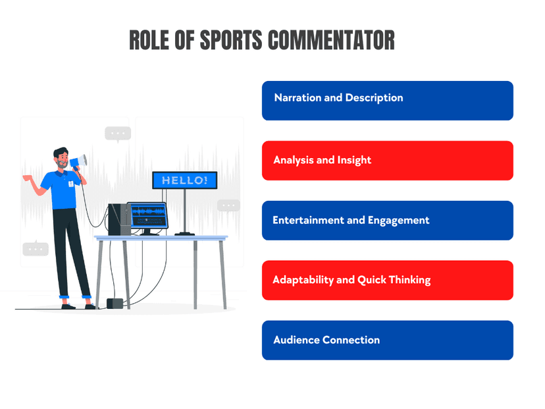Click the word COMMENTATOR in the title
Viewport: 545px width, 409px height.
pyautogui.click(x=331, y=40)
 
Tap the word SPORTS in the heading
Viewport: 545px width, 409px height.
pyautogui.click(x=231, y=40)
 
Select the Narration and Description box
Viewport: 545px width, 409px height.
pyautogui.click(x=388, y=101)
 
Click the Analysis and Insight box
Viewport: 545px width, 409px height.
pyautogui.click(x=388, y=161)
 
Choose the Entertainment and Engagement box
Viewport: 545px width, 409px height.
pyautogui.click(x=388, y=221)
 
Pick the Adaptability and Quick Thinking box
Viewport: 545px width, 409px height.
pyautogui.click(x=388, y=281)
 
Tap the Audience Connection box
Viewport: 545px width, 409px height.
pyautogui.click(x=388, y=340)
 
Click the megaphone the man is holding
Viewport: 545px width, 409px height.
pyautogui.click(x=78, y=162)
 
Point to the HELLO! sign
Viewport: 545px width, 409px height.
pyautogui.click(x=184, y=180)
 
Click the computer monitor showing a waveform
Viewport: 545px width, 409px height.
pyautogui.click(x=147, y=215)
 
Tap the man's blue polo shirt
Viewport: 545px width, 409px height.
pyautogui.click(x=63, y=190)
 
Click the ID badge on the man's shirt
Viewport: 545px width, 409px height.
pyautogui.click(x=71, y=184)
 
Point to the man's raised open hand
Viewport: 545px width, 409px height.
pyautogui.click(x=28, y=178)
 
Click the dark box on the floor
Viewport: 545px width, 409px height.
pyautogui.click(x=115, y=304)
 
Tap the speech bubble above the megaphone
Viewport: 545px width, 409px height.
pyautogui.click(x=118, y=134)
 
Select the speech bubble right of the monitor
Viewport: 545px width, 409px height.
pyautogui.click(x=228, y=205)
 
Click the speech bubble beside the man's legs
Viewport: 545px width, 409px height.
pyautogui.click(x=36, y=249)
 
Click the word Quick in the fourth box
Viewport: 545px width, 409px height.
pyautogui.click(x=371, y=280)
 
